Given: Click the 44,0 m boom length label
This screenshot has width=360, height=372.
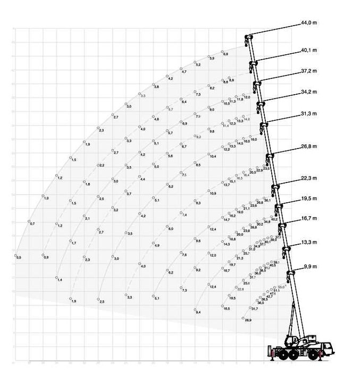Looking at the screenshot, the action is point(308,23).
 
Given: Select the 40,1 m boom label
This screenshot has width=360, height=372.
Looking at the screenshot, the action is point(308,51).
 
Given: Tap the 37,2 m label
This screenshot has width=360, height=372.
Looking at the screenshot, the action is point(308,71).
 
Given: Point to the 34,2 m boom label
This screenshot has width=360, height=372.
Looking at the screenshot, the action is point(308,92).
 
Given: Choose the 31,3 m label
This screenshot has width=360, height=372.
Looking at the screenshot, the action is point(308,114).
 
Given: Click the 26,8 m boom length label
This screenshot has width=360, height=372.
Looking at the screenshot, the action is point(308,148).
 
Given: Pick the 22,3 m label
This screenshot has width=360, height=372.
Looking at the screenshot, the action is point(308,178).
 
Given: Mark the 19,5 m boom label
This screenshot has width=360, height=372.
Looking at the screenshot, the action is point(308,199).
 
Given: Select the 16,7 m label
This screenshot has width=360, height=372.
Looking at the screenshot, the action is point(308,218).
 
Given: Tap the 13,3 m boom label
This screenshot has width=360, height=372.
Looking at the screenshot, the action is point(308,242).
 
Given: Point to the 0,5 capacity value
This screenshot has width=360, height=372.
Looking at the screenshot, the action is point(19,258).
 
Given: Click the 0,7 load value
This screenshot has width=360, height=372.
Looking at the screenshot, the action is point(32,224).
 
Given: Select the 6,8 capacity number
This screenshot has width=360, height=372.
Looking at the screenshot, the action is point(225,54).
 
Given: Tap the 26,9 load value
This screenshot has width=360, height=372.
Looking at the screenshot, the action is point(247,320).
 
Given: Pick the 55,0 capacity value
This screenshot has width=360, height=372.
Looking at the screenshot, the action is point(281,287).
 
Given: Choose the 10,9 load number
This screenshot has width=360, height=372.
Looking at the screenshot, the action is point(213,194).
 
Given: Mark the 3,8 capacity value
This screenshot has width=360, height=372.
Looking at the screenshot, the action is point(156,87).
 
